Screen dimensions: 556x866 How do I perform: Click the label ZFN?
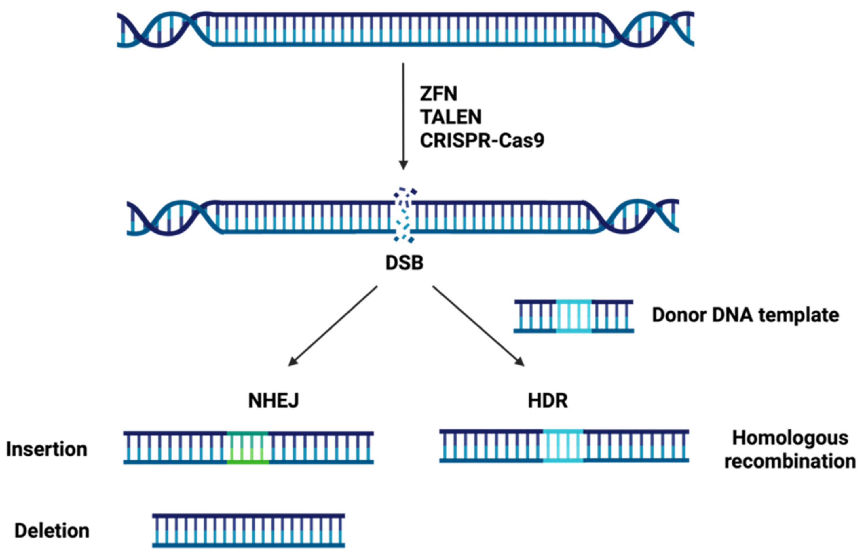coord(438,94)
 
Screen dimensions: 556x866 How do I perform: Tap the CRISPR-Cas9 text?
coord(482,140)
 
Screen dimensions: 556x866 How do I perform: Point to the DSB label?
coord(404,263)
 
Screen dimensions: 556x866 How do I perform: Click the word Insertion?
coord(47,450)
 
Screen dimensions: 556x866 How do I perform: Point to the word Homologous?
coord(790,438)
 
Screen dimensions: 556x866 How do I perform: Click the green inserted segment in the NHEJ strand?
coord(248,447)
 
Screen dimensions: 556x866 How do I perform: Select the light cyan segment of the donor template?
coord(574,316)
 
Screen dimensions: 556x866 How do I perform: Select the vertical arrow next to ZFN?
coord(403,115)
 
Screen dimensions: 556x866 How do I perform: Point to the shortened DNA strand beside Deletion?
coord(248,531)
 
